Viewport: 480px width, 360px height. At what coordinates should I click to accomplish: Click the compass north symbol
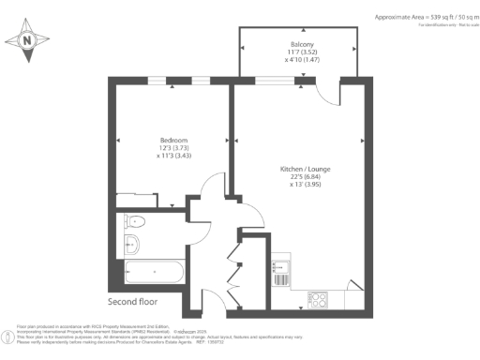tap(27, 40)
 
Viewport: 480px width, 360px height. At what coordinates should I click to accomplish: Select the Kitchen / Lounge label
tap(305, 169)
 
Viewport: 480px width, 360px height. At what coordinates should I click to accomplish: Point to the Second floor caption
tap(133, 302)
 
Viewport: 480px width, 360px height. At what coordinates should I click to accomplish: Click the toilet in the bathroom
tap(134, 224)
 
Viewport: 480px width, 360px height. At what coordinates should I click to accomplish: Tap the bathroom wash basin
tap(132, 246)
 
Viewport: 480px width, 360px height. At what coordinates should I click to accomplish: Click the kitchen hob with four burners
tap(318, 300)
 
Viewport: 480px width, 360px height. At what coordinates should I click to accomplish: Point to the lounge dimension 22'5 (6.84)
tap(305, 177)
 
